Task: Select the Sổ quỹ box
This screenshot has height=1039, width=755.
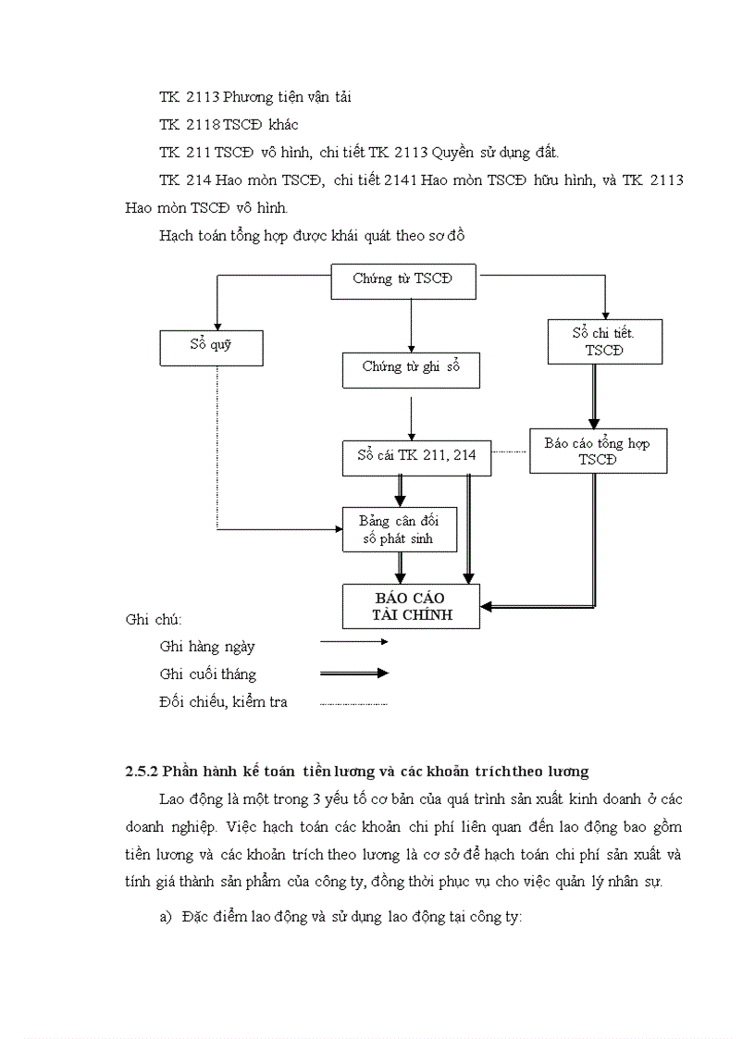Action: (211, 347)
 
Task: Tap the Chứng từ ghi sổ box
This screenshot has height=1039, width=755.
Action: (411, 368)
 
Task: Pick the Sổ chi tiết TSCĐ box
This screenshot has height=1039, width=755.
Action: (604, 341)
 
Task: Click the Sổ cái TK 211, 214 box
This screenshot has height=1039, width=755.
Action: (416, 457)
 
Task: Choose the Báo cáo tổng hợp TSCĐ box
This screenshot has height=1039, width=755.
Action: (598, 451)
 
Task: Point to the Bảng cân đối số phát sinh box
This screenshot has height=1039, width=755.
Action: (400, 530)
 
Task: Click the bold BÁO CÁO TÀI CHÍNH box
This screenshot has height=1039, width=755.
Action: (411, 606)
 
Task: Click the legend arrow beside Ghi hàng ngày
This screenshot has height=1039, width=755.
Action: (353, 641)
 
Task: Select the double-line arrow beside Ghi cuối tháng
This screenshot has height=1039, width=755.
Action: (353, 674)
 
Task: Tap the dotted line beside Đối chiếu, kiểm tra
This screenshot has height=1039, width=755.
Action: (353, 704)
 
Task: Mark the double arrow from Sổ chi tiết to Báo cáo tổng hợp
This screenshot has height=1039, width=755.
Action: (593, 395)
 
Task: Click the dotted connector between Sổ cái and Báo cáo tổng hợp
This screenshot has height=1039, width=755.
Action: (510, 451)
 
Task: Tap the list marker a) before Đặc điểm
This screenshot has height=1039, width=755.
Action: (166, 918)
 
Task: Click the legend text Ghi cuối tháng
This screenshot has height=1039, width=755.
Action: (207, 674)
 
